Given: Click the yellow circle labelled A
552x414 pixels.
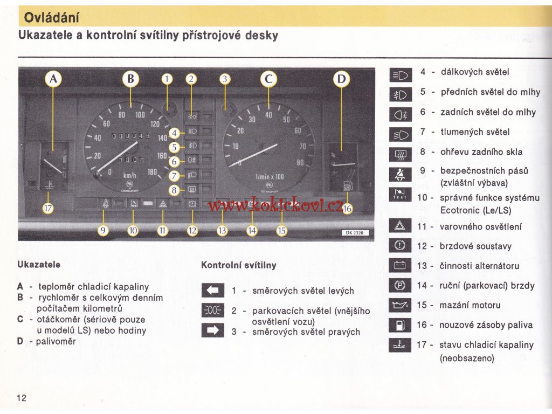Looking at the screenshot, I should [53, 80].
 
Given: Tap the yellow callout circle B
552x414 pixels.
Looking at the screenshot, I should [130, 80].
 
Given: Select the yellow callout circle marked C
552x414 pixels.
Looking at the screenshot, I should [268, 80].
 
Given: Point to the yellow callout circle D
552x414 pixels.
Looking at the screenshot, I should [341, 80].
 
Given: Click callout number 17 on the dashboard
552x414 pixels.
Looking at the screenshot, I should [49, 209].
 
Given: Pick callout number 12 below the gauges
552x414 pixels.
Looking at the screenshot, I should [192, 231].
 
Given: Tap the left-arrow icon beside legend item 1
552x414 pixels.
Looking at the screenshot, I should [212, 291].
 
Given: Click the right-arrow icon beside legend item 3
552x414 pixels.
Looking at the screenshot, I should [212, 330].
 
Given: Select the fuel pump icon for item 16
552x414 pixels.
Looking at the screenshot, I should [399, 325].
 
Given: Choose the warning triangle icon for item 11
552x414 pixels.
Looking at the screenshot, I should [399, 227].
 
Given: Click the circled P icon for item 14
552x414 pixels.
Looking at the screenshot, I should [399, 286].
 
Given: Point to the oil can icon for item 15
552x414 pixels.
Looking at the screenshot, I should [399, 306].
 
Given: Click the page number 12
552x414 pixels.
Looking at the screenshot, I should [22, 398].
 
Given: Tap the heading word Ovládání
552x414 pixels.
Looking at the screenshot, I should [52, 18].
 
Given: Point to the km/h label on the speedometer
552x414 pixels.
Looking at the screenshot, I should [130, 175].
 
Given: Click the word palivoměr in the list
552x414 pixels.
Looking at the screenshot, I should [56, 341].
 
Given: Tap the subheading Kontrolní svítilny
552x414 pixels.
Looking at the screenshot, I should [238, 265].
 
